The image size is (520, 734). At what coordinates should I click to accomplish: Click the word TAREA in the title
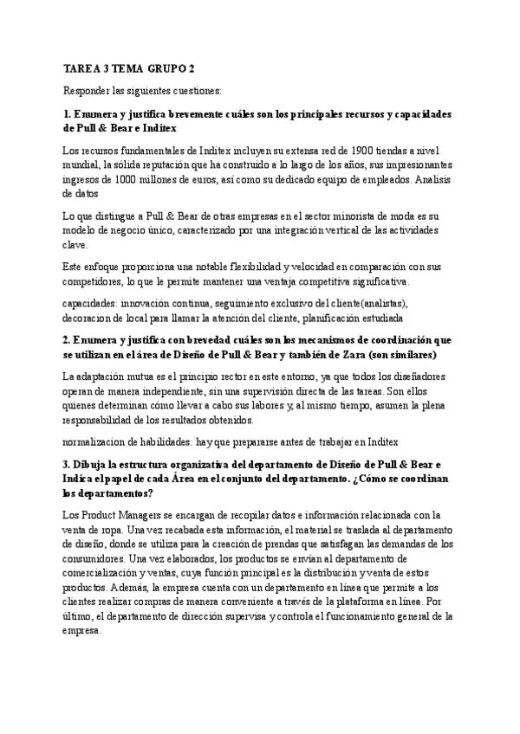pos(80,68)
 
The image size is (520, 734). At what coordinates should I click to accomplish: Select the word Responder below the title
pos(86,90)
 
